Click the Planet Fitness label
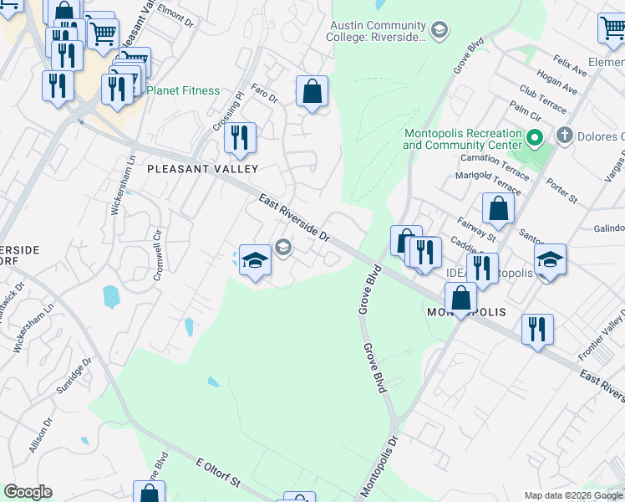[x=183, y=90]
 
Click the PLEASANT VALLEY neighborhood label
[x=191, y=169]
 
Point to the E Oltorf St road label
[x=218, y=472]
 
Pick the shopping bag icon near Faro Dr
[x=312, y=93]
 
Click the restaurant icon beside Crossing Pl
[x=241, y=140]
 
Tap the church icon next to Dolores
[x=565, y=136]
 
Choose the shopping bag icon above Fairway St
[x=498, y=210]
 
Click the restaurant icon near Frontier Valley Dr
[x=536, y=330]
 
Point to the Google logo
[x=28, y=492]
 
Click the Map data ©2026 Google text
[x=572, y=495]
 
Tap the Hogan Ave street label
[x=558, y=84]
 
